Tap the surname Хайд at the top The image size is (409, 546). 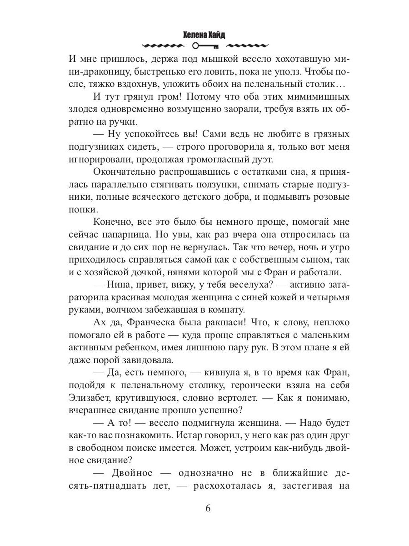(x=220, y=35)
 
